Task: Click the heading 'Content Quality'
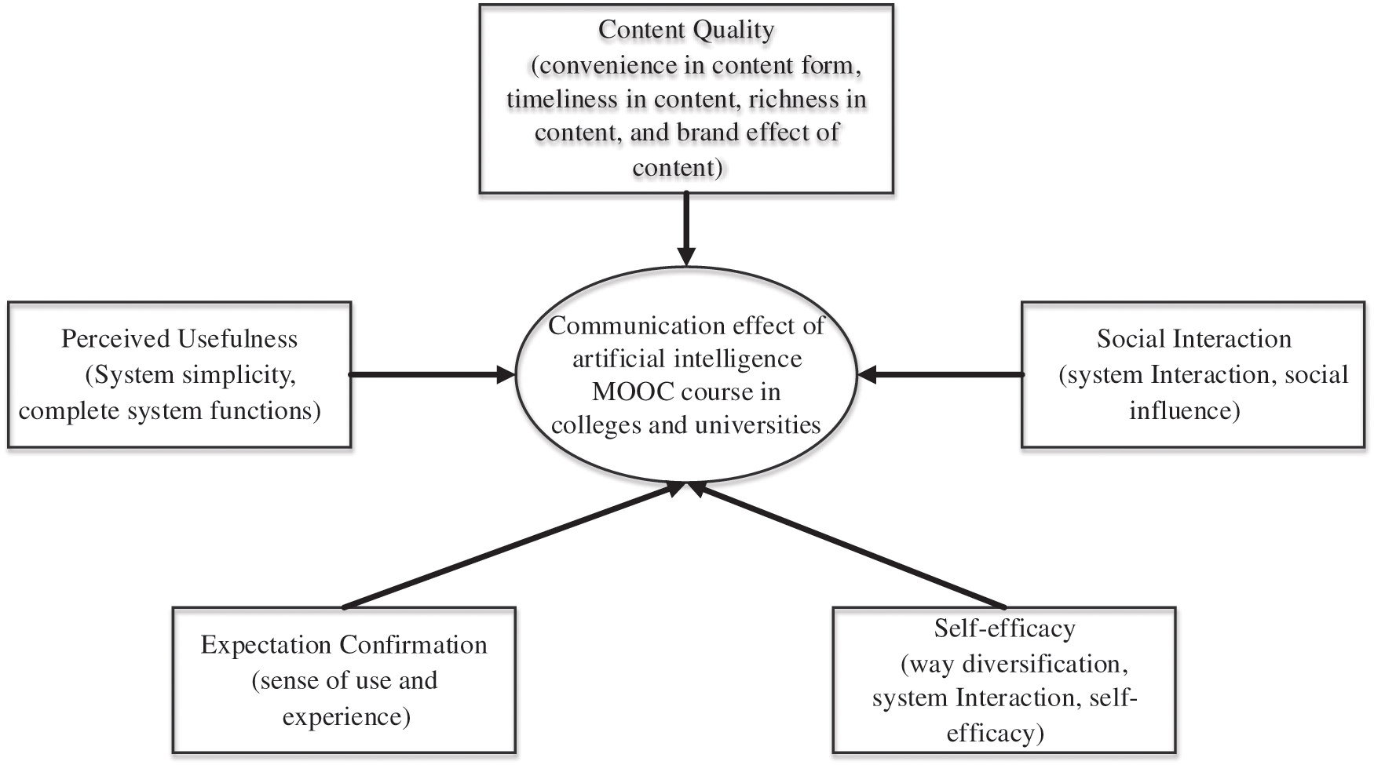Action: (x=685, y=30)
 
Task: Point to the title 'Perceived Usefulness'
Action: (x=179, y=339)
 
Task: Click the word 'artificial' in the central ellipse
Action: (x=608, y=359)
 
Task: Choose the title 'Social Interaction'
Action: (x=1193, y=339)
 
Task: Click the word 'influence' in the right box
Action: (x=1184, y=410)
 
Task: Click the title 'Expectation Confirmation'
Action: (x=344, y=645)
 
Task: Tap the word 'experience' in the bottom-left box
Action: (x=345, y=716)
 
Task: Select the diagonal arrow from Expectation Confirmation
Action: (x=510, y=546)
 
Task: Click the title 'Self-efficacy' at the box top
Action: (x=1004, y=628)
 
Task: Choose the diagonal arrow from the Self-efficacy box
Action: (x=848, y=546)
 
